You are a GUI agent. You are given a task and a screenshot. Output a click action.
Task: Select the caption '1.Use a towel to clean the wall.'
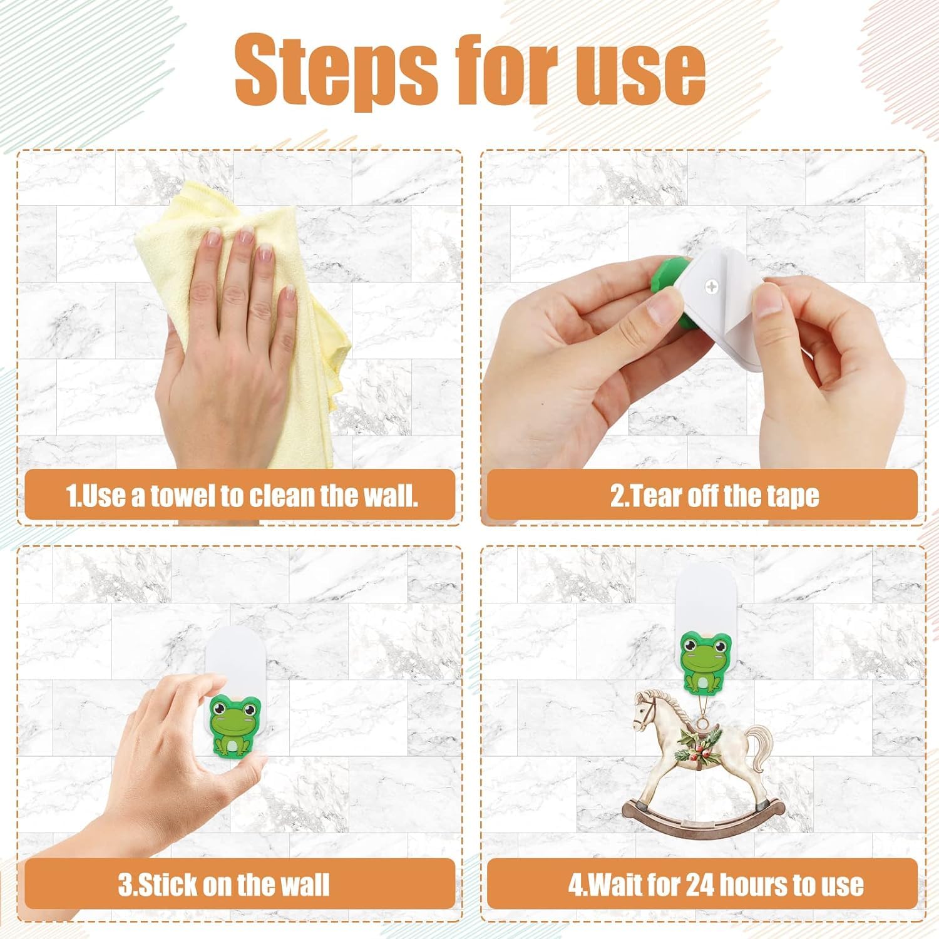click(x=242, y=496)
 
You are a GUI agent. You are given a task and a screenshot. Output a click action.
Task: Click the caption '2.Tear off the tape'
click(x=715, y=496)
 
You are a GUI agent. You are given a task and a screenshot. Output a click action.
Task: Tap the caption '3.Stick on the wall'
click(x=224, y=885)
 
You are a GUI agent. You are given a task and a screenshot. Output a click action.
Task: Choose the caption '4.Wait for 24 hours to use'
click(x=716, y=885)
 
